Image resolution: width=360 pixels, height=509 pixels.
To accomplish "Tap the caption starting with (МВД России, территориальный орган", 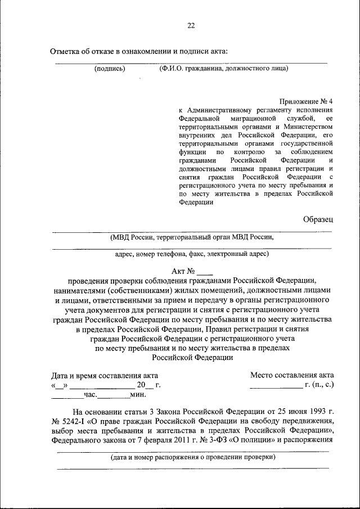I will tap(192, 237).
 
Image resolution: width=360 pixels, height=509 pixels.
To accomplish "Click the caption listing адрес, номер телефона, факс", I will tap(192, 254).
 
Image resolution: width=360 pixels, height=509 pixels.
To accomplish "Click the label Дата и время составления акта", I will tap(105, 375).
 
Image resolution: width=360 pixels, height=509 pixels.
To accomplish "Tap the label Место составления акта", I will tap(292, 375).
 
